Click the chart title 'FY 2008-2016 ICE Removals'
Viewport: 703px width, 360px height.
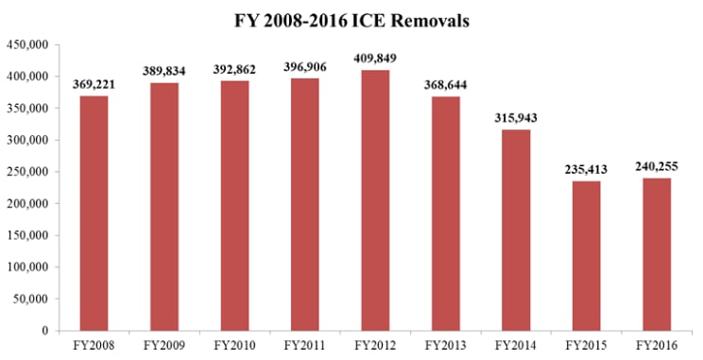[351, 21]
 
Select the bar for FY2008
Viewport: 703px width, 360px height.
[94, 214]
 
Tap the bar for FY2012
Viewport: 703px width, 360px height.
[375, 200]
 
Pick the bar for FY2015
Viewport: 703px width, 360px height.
[587, 256]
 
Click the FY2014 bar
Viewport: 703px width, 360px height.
[516, 231]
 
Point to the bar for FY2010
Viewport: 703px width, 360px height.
[234, 206]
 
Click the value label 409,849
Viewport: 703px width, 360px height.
[375, 59]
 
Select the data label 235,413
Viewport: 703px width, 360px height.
[587, 169]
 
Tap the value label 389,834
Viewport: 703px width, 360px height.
[164, 71]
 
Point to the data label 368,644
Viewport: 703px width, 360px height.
[446, 85]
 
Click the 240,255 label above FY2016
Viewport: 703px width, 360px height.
[657, 167]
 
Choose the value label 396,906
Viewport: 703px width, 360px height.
[305, 67]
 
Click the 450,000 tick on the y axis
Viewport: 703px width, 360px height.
[26, 44]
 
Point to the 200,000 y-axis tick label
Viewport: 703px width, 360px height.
[26, 203]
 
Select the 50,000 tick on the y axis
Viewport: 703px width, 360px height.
[30, 299]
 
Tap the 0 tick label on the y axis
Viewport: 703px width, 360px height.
[44, 331]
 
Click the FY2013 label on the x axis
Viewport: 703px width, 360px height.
[446, 346]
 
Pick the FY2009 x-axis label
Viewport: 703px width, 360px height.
[164, 346]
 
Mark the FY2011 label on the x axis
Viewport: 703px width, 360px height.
[305, 346]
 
